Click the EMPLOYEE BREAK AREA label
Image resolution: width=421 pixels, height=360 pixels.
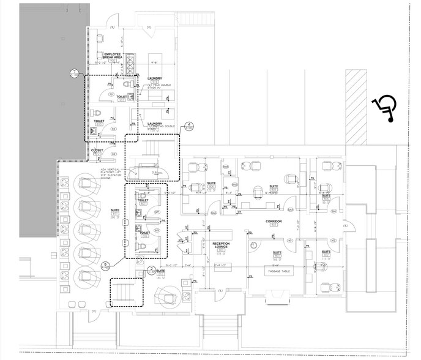pos(116,56)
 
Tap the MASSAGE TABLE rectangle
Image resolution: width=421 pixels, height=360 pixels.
pos(277,270)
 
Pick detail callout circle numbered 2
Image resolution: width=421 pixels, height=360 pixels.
pos(151,269)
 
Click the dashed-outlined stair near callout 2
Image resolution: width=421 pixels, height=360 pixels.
pos(126,292)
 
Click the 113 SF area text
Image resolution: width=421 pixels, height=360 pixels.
pos(325,259)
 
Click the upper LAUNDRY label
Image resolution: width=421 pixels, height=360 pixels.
pos(154,79)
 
